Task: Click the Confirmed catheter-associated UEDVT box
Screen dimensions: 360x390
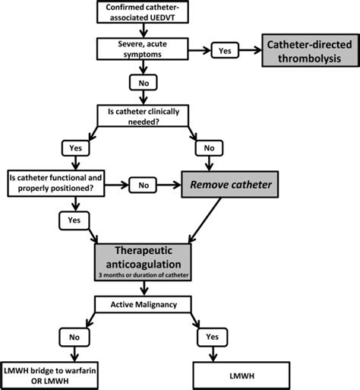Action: (143, 12)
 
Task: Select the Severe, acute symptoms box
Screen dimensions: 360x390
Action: (143, 49)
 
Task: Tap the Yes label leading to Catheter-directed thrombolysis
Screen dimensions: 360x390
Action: (225, 50)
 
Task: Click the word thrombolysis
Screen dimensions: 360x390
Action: (309, 59)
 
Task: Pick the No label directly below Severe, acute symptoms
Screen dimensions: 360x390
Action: (144, 82)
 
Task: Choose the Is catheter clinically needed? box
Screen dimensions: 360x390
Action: (143, 116)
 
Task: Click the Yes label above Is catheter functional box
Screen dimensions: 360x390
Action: (75, 148)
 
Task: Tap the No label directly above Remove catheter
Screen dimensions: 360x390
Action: (209, 148)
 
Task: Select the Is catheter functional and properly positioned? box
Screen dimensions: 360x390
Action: (56, 183)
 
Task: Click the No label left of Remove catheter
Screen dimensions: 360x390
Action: (143, 185)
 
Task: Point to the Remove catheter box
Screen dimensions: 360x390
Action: (230, 185)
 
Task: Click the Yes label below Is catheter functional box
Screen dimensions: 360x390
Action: (74, 220)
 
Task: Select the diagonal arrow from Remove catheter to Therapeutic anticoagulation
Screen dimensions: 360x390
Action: (204, 220)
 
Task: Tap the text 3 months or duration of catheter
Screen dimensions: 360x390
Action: (144, 275)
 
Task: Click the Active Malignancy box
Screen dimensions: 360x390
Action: (143, 304)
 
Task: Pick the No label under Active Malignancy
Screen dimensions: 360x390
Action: (74, 338)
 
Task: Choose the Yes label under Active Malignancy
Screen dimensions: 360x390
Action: (212, 337)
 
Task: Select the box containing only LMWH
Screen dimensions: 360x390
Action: (242, 376)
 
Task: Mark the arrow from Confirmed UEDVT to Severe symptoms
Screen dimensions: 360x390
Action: (144, 30)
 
